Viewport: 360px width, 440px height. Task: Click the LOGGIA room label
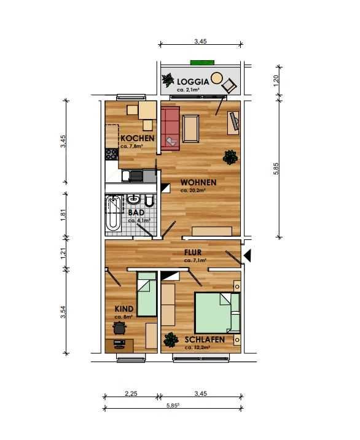[193, 82]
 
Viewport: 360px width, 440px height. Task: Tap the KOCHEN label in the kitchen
[138, 138]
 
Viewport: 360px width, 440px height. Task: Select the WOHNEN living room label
[198, 182]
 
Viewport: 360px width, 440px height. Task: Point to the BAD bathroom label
[136, 213]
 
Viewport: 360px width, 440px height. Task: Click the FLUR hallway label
[193, 252]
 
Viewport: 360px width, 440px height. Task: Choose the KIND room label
[124, 309]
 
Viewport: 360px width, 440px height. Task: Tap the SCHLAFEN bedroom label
[205, 339]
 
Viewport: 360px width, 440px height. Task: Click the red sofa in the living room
[170, 128]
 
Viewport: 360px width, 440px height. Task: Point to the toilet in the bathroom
[149, 200]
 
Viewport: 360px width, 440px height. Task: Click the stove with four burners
[112, 154]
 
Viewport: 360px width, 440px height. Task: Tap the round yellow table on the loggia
[216, 78]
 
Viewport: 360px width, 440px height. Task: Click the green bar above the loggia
[202, 63]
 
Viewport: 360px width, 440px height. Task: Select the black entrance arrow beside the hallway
[247, 256]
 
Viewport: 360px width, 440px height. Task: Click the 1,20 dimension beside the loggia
[276, 81]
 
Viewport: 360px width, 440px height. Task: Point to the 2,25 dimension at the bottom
[131, 394]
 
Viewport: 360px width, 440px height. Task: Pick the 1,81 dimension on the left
[63, 215]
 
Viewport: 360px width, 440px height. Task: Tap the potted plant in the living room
[230, 157]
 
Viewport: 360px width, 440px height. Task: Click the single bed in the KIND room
[147, 295]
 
